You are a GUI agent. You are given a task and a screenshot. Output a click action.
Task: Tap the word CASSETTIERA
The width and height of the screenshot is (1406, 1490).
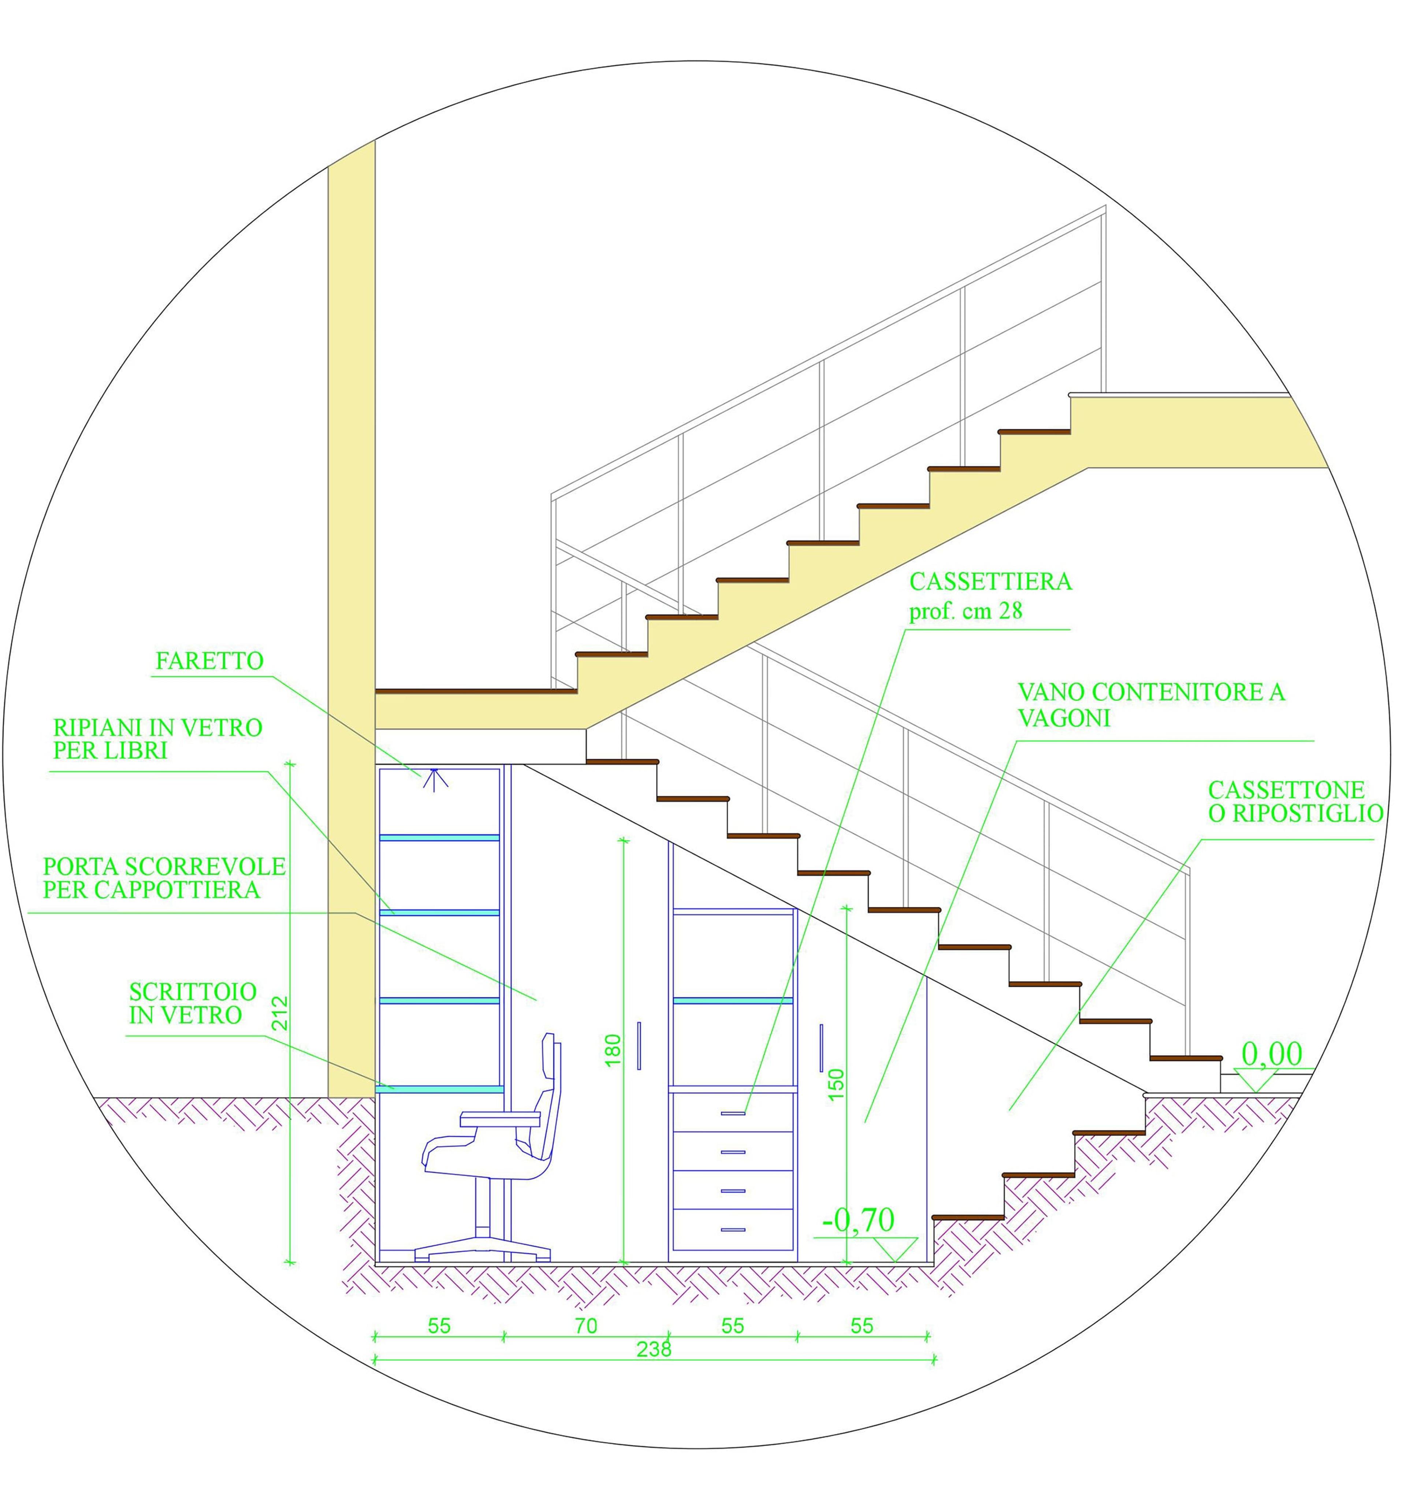(x=990, y=581)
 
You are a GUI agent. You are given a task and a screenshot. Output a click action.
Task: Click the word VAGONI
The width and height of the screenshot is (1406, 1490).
(x=1064, y=717)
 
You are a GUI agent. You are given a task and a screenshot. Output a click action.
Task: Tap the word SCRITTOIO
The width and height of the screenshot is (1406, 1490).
(x=193, y=992)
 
